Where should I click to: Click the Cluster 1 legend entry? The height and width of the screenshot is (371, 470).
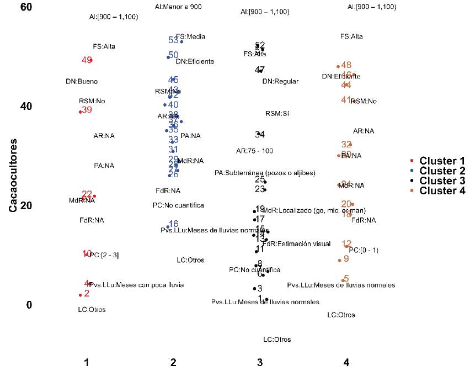click(x=441, y=161)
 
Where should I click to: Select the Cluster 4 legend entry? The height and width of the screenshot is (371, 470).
click(x=441, y=190)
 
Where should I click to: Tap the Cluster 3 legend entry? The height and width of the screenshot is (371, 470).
click(x=441, y=181)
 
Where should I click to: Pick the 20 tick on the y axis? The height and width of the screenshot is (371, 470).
click(x=26, y=205)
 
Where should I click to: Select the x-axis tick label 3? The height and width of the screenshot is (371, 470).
click(x=260, y=362)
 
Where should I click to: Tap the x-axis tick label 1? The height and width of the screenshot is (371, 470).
click(x=87, y=362)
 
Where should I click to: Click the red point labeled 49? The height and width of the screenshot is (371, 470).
click(x=90, y=60)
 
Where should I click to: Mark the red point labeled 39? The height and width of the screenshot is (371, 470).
click(x=81, y=112)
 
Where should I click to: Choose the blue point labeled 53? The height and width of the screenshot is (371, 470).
click(x=181, y=41)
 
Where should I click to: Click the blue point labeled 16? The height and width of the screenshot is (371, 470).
click(x=168, y=226)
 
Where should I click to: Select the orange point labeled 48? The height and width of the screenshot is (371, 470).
click(x=338, y=66)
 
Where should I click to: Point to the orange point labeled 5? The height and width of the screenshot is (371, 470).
click(x=343, y=280)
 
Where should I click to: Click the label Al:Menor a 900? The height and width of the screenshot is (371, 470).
click(x=178, y=7)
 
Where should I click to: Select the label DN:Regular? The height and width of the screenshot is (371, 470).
click(x=280, y=81)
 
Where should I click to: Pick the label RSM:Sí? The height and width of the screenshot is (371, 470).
click(x=277, y=114)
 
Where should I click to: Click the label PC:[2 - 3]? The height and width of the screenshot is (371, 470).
click(x=104, y=255)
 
